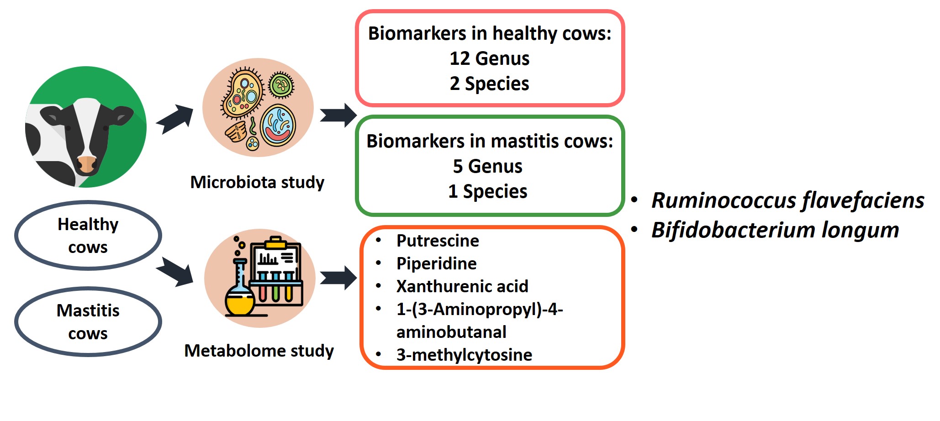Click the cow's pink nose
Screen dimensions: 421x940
[87, 164]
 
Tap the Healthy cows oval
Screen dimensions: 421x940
[88, 235]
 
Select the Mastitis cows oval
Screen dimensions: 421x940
[88, 321]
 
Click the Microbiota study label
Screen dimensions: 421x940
[257, 182]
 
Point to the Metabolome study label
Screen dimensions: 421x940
[259, 351]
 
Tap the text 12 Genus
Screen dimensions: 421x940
[490, 58]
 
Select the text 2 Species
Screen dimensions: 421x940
[490, 84]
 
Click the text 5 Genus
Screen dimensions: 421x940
[488, 166]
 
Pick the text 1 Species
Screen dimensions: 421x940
[488, 191]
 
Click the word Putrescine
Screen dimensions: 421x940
[438, 241]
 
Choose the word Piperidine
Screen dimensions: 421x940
[436, 263]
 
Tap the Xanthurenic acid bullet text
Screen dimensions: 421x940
[462, 286]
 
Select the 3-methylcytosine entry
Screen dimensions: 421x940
[464, 355]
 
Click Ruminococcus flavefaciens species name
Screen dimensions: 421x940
[787, 200]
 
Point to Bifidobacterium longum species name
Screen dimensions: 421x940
[775, 230]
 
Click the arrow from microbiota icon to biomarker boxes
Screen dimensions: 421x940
[338, 115]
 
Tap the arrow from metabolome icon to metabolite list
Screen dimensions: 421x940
[338, 278]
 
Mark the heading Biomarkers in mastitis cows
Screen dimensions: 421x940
[490, 141]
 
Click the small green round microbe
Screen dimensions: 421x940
[281, 85]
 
